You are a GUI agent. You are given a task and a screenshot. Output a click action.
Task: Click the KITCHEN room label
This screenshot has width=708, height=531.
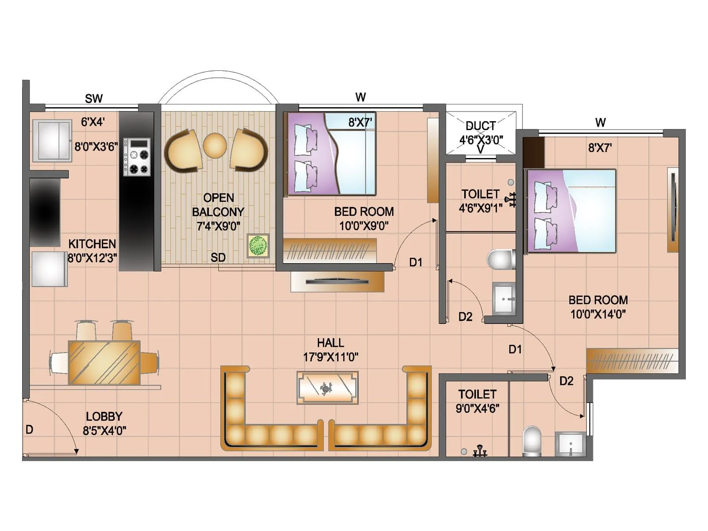(92, 244)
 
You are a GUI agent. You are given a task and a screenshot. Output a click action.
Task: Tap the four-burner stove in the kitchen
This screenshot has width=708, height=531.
(137, 157)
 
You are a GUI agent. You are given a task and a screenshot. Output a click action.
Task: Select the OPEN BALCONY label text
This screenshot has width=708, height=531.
(218, 204)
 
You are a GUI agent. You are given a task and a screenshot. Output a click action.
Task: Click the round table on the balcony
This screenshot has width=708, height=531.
(215, 145)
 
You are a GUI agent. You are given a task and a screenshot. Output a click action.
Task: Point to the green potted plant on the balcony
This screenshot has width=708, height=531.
(258, 246)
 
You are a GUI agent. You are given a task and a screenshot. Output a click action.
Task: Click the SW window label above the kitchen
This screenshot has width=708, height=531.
(94, 99)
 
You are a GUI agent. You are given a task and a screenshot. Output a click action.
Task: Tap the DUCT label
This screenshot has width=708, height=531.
(481, 126)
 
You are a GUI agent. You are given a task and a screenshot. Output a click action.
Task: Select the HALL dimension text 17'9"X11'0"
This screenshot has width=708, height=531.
(331, 357)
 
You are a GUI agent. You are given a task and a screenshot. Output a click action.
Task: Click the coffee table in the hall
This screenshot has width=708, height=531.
(327, 388)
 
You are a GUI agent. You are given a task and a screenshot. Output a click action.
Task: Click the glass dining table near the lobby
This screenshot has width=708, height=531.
(104, 362)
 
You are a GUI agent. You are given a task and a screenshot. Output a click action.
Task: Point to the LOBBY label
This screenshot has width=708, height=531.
(104, 416)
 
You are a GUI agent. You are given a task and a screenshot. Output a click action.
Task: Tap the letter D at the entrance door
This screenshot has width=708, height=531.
(29, 430)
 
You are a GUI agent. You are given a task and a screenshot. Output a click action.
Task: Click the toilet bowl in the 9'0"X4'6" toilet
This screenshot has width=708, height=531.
(531, 440)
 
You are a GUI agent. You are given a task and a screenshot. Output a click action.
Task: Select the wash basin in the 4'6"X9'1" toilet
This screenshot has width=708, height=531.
(504, 298)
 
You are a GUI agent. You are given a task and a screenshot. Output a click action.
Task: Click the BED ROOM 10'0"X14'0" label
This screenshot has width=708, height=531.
(598, 300)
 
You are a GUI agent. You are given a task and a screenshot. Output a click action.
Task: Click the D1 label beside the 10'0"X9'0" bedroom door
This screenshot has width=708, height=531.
(416, 262)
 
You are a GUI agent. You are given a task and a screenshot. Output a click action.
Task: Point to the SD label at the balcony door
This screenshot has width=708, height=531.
(218, 258)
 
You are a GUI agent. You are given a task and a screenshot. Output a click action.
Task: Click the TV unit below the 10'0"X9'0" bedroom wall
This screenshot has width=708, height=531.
(337, 281)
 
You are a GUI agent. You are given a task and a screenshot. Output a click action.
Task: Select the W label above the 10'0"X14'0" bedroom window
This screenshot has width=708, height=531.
(600, 123)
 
